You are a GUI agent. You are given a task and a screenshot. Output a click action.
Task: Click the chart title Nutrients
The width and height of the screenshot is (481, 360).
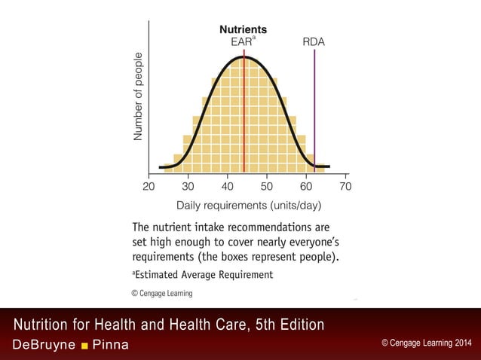pos(243,29)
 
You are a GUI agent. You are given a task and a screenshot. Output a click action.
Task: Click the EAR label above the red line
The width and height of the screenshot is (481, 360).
pos(241,41)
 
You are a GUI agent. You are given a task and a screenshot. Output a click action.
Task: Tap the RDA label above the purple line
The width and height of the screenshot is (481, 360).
pos(314,41)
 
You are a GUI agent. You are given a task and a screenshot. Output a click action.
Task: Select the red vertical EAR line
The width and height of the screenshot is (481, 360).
pos(244,113)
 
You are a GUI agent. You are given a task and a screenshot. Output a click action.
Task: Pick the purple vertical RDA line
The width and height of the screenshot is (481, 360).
pos(314,113)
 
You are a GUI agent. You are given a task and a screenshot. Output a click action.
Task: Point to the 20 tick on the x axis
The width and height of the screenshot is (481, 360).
pos(149,186)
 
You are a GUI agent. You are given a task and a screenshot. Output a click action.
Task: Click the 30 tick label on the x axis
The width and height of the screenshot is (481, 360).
pos(188,186)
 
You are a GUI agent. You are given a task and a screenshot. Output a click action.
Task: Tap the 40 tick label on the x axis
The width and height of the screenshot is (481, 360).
pos(227,186)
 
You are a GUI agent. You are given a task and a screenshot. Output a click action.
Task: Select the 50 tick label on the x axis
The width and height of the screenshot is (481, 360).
pos(267,186)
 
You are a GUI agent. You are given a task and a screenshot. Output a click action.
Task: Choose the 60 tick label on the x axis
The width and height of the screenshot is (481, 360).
pos(306,186)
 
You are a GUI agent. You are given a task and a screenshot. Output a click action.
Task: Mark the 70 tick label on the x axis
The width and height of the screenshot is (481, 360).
pos(345,186)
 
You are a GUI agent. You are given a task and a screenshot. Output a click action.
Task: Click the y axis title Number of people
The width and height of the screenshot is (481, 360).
pos(138,96)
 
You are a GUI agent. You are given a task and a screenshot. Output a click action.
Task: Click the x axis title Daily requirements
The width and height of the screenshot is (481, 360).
pos(249,205)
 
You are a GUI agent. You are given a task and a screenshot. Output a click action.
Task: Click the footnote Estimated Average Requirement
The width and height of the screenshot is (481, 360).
pos(204,275)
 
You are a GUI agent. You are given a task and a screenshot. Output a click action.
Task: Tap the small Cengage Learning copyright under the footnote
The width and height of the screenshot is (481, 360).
pos(162,293)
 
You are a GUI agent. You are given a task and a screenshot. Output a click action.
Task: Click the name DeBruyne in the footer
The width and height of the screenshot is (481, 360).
pos(43,345)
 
